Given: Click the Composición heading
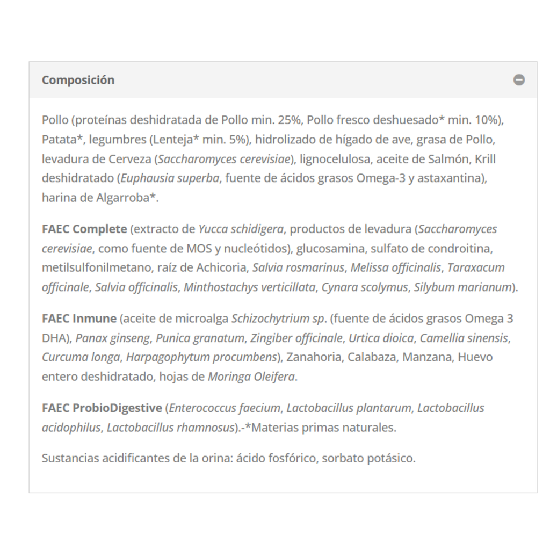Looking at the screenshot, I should pyautogui.click(x=78, y=80).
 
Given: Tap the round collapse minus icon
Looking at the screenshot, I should pyautogui.click(x=519, y=80).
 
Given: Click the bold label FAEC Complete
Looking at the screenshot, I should pyautogui.click(x=84, y=229).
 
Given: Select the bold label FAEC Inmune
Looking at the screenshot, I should pyautogui.click(x=79, y=319).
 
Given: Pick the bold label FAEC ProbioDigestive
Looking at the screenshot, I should pyautogui.click(x=102, y=408).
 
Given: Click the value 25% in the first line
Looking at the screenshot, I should pyautogui.click(x=290, y=120).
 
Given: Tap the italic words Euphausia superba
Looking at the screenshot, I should pyautogui.click(x=170, y=178).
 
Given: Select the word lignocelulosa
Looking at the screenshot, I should pyautogui.click(x=335, y=159).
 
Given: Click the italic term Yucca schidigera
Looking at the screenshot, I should pyautogui.click(x=241, y=229).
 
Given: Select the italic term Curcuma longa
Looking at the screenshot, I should pyautogui.click(x=82, y=357).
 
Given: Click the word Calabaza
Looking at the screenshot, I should pyautogui.click(x=372, y=357).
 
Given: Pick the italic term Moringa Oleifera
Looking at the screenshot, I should pyautogui.click(x=251, y=377).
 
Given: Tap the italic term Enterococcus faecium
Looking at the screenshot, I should pyautogui.click(x=225, y=408).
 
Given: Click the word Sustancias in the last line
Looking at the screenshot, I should pyautogui.click(x=68, y=459).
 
